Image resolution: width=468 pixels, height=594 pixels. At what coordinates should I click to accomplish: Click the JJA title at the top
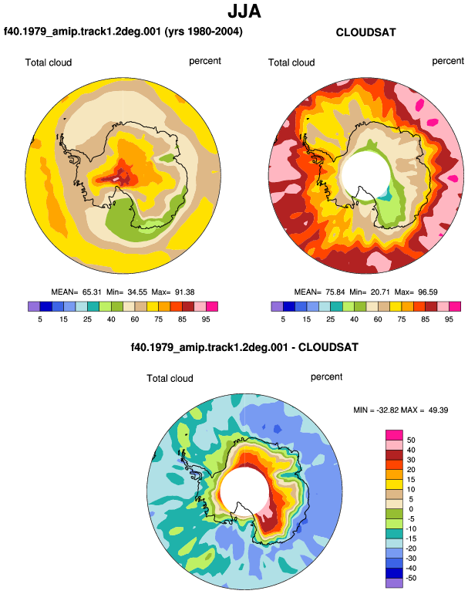(x=244, y=12)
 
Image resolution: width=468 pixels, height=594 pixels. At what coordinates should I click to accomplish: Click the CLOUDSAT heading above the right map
(x=365, y=32)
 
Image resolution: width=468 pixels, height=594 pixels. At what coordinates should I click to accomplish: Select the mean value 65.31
(x=92, y=292)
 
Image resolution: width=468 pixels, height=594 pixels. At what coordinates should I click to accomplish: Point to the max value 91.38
(x=185, y=292)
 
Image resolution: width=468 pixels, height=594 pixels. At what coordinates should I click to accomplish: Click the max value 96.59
(x=428, y=292)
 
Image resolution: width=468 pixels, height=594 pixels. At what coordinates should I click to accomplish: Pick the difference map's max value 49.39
(x=439, y=410)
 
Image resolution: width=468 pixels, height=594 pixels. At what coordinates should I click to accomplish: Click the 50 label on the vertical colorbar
(x=411, y=440)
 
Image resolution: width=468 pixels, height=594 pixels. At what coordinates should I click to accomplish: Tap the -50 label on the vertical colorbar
(x=410, y=578)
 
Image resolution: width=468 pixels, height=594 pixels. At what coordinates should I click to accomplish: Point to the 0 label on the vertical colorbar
(x=411, y=509)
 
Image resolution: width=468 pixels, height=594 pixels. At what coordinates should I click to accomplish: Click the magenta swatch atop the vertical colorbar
(x=394, y=435)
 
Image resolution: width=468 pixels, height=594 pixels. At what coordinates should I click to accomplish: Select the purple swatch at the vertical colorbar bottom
(x=394, y=583)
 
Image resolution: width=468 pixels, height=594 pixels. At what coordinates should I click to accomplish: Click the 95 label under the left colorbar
(x=206, y=319)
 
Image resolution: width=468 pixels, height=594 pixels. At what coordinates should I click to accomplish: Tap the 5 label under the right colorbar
(x=283, y=319)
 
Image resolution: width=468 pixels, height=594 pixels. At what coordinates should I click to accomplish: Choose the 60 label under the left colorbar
(x=134, y=319)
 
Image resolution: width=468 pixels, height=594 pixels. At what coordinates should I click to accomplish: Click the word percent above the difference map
(x=326, y=377)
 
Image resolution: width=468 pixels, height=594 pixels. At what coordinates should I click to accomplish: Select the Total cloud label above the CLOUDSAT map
(x=291, y=62)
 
